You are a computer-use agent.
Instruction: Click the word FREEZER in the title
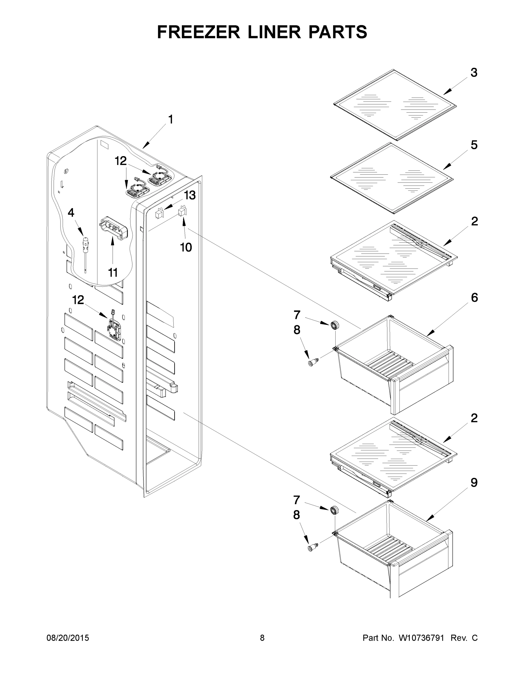coord(198,32)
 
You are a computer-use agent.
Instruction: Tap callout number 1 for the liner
coord(170,119)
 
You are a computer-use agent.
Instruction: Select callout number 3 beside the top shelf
coord(474,73)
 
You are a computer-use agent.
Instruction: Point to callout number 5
coord(474,145)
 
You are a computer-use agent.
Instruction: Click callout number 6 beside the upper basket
coord(474,298)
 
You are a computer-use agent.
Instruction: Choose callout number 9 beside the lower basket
coord(474,483)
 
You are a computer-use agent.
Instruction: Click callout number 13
coord(190,195)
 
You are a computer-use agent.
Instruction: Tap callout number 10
coord(186,247)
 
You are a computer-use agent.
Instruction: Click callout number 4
coord(71,213)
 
